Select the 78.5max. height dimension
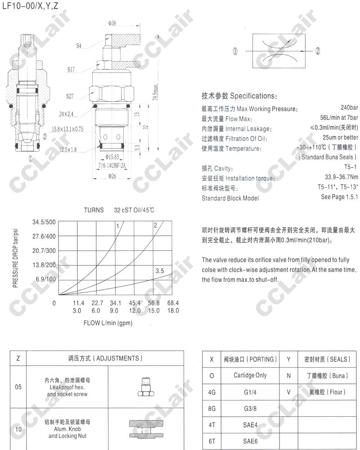point(155,94)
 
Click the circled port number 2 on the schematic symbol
point(317,51)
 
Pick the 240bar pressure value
point(349,108)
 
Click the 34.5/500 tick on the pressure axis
point(44,222)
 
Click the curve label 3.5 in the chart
point(159,271)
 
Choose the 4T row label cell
point(212,425)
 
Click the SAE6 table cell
point(250,441)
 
